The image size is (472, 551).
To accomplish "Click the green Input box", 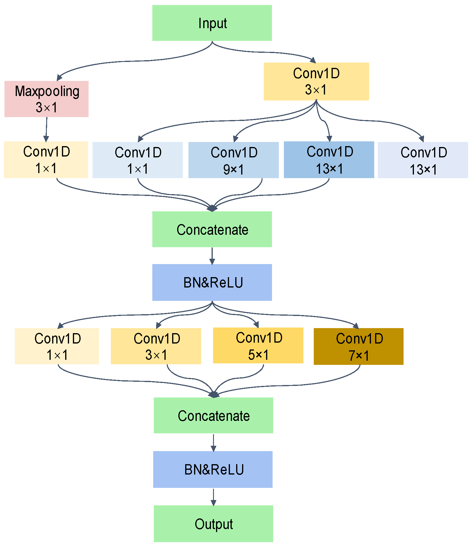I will pos(212,23).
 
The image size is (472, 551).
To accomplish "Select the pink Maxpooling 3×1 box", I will pos(47,99).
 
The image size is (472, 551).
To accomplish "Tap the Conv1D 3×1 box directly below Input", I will pos(316,81).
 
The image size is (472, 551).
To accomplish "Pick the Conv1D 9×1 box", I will pos(233,160).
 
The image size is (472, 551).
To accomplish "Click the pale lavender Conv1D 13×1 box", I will pos(423,160).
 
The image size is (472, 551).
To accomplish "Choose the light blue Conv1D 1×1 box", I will pos(137,160).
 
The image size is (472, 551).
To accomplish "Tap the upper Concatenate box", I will pos(212,229).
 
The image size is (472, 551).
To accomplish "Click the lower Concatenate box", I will pos(213,415).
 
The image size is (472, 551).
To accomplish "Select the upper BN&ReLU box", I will pos(212,282).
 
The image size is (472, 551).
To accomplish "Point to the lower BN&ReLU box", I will pos(213,469).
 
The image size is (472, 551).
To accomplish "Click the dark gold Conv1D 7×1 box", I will pos(359,346).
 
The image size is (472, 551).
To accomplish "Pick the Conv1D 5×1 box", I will pos(258,345).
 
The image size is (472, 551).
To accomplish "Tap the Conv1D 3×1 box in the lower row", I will pos(156,346).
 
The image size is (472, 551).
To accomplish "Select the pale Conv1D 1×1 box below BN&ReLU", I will pos(57,346).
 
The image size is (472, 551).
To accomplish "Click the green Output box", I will pos(213,523).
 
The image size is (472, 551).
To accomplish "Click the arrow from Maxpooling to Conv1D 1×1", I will pos(46,129).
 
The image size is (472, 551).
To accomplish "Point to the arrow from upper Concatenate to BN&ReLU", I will pos(212,255).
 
